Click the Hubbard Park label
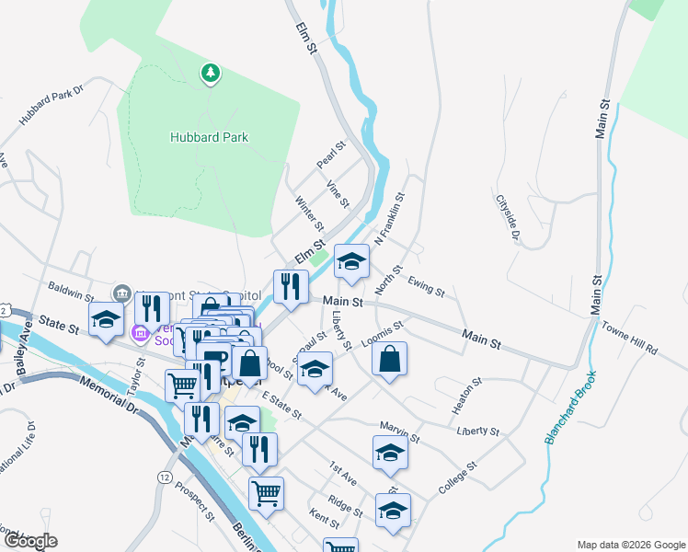pyautogui.click(x=209, y=137)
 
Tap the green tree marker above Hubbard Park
pyautogui.click(x=211, y=72)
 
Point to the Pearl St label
pyautogui.click(x=330, y=154)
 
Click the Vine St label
pyautogui.click(x=338, y=193)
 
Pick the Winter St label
pyautogui.click(x=309, y=213)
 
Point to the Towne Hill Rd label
pyautogui.click(x=630, y=338)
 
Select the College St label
pyautogui.click(x=457, y=477)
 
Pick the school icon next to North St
pyautogui.click(x=350, y=261)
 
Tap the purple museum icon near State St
pyautogui.click(x=141, y=331)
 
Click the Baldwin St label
pyautogui.click(x=72, y=292)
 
